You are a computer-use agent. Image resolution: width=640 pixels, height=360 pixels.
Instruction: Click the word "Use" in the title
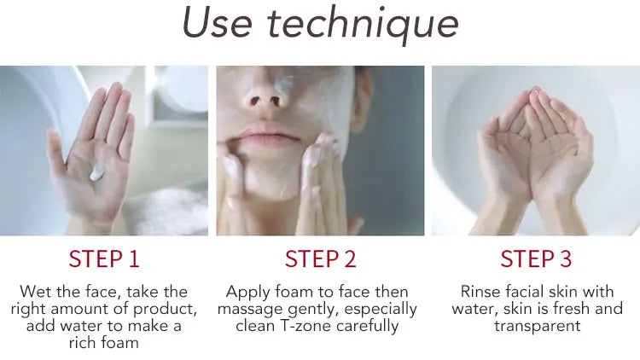217,23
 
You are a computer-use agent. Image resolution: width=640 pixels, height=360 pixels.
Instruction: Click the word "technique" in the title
364,25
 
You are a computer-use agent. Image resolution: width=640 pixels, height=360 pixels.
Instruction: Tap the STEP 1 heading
104,258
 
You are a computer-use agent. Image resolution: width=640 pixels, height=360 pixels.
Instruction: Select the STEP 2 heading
320,258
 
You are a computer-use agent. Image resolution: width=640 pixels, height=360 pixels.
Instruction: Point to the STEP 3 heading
536,258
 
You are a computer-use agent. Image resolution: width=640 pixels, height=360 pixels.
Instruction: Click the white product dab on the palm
96,173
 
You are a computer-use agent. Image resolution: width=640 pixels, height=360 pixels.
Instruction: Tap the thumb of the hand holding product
57,152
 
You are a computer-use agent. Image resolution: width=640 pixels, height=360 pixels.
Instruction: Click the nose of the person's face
265,94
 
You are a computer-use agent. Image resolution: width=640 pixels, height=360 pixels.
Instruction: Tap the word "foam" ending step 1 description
120,342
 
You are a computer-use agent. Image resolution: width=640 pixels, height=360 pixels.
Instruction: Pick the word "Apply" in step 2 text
247,293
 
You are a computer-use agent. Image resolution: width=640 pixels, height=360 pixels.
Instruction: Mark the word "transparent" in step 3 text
537,327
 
